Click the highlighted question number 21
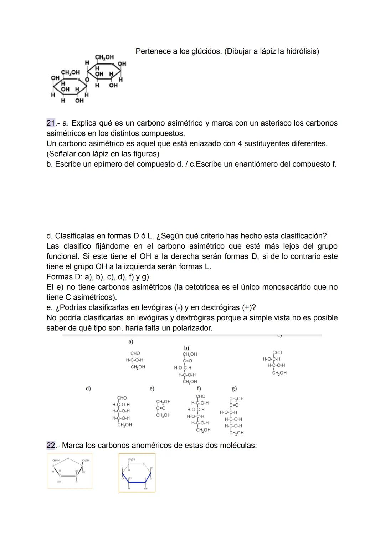51,123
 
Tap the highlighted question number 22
51,445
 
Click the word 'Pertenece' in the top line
153,51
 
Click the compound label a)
131,342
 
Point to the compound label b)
186,348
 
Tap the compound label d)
88,388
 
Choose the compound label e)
152,388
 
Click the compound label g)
234,389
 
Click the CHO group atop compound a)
135,353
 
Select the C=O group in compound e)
161,408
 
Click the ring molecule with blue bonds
137,473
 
